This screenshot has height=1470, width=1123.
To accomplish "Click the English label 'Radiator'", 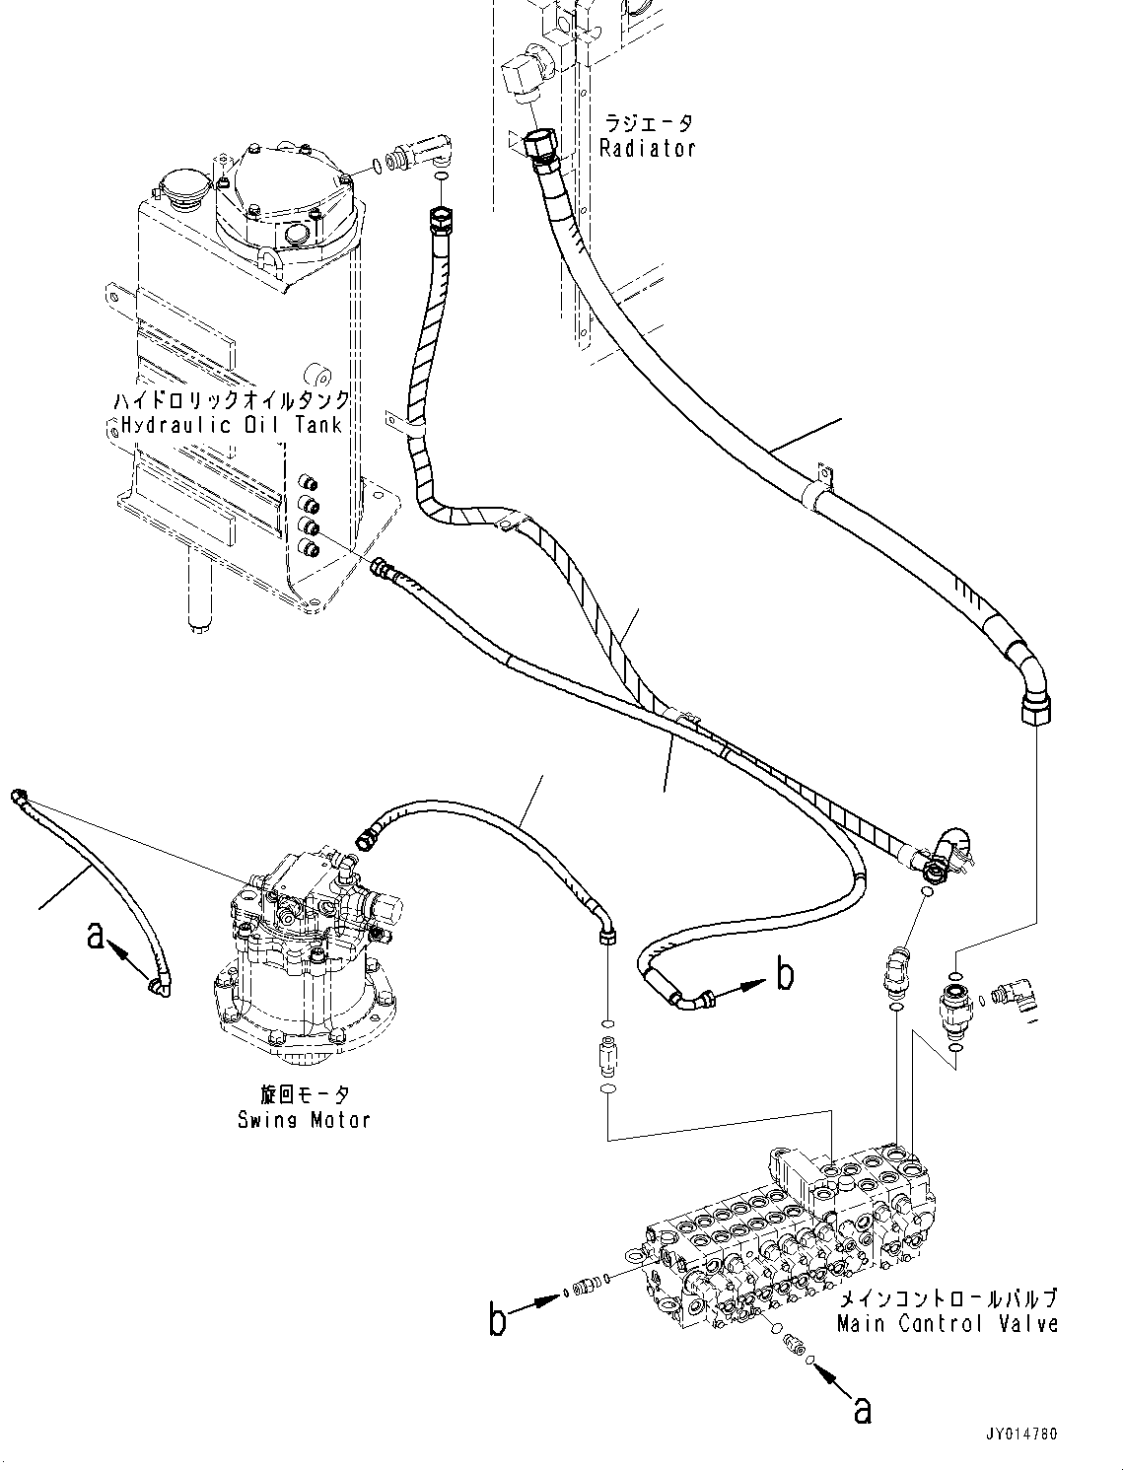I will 648,149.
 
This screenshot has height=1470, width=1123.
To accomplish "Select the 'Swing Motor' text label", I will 304,1120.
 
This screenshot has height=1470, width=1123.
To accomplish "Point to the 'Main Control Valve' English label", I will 948,1324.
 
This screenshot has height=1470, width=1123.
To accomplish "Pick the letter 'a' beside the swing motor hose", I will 95,935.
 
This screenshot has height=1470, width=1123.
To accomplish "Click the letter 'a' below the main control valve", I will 862,1411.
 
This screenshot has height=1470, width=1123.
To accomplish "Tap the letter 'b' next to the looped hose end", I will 785,975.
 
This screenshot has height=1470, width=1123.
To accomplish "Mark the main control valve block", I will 789,1232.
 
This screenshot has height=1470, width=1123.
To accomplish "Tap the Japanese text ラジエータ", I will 648,123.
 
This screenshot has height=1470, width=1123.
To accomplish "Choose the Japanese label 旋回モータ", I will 304,1095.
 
